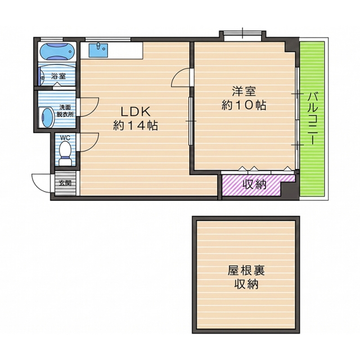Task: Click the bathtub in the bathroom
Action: tap(57, 51)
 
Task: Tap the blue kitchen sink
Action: tap(98, 50)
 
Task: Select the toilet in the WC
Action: tap(65, 153)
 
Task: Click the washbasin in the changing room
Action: tap(48, 117)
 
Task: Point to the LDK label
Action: tap(136, 112)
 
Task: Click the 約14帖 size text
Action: tap(136, 125)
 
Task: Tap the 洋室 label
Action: tap(244, 91)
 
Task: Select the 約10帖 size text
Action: tap(244, 105)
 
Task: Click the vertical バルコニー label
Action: tap(311, 118)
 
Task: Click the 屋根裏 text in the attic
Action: tap(246, 270)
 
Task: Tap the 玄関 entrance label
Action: tap(65, 183)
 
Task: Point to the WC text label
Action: tap(65, 138)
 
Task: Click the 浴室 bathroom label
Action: tap(58, 76)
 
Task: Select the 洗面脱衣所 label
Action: tap(65, 111)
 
